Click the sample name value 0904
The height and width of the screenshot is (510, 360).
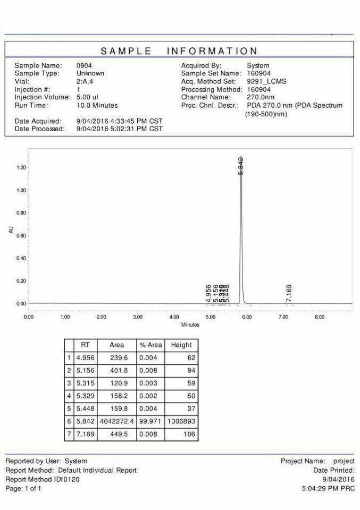[x=84, y=65]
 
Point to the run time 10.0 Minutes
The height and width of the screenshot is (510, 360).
[x=97, y=105]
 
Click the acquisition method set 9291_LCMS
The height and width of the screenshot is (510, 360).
[x=267, y=81]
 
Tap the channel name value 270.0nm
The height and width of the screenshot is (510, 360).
[x=261, y=97]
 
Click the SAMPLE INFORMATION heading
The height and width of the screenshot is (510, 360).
[x=180, y=51]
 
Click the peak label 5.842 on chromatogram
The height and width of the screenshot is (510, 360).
[x=241, y=166]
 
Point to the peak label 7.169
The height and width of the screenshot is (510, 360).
[x=289, y=293]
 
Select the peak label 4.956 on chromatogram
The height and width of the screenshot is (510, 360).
[x=208, y=294]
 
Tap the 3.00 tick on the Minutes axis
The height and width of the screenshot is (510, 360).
[x=137, y=317]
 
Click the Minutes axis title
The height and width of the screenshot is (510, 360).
[x=190, y=325]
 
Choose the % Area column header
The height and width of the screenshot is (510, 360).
[x=150, y=345]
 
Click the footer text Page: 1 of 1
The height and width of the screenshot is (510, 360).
[x=23, y=488]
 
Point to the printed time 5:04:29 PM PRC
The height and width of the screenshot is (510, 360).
[x=328, y=488]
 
